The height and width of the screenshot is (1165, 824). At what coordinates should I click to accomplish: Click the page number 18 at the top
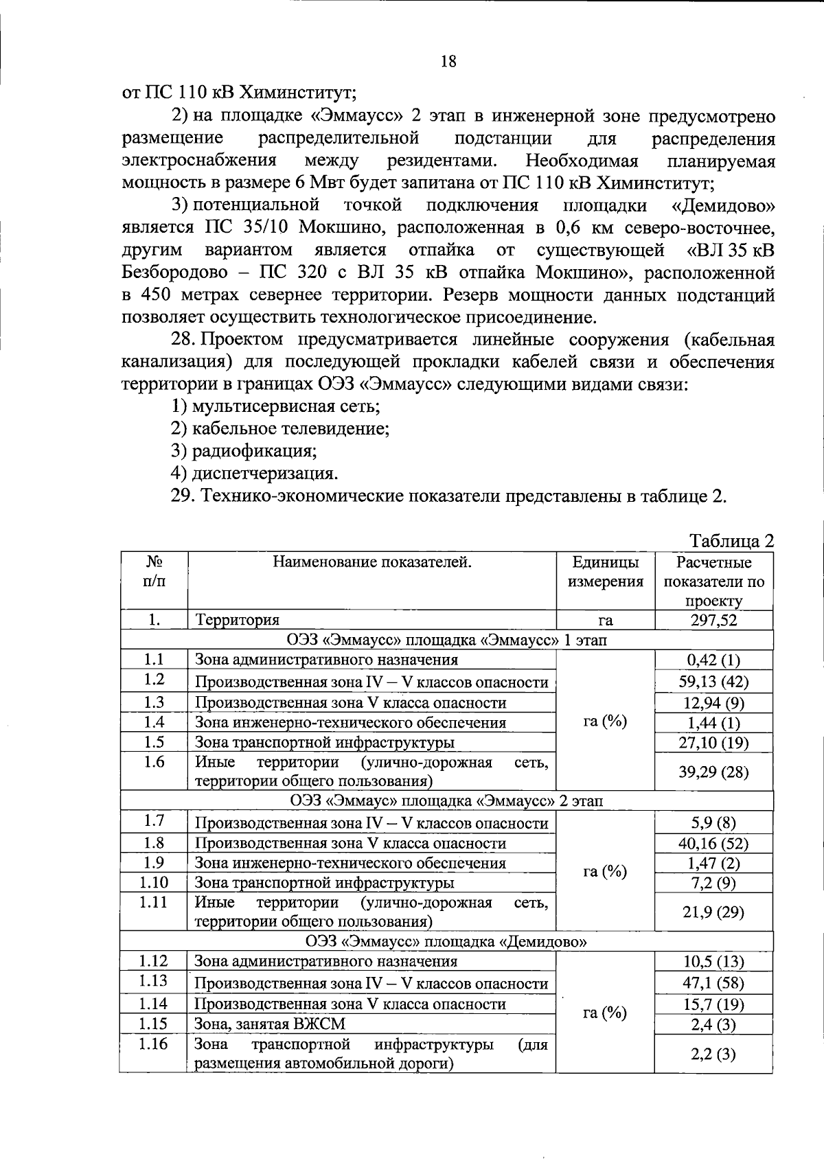448,62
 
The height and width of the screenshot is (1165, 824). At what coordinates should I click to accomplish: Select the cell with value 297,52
713,621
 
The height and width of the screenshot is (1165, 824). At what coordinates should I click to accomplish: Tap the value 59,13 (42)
713,682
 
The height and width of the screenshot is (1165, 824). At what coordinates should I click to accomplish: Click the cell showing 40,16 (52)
713,843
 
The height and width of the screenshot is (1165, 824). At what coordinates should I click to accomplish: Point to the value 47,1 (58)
713,982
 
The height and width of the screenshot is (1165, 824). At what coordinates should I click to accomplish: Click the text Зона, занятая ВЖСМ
270,1024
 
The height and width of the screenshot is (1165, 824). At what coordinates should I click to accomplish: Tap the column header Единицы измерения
604,572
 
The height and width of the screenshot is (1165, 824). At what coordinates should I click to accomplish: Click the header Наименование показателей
372,563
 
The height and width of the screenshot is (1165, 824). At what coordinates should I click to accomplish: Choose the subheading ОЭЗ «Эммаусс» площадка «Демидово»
446,941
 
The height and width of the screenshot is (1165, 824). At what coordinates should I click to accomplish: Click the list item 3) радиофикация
244,451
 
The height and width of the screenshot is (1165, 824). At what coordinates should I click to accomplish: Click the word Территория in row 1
237,621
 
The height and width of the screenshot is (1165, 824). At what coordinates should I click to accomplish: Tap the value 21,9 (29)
713,912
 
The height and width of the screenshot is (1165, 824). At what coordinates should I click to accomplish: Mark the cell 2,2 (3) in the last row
713,1054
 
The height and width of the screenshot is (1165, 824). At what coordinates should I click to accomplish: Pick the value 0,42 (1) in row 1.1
713,660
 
